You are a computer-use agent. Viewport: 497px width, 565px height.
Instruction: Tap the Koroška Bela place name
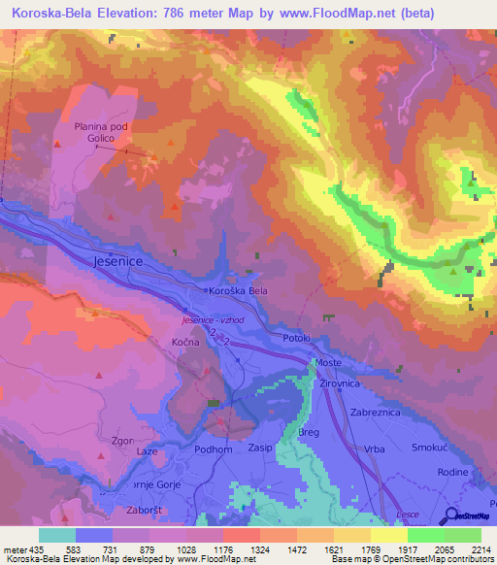coord(238,291)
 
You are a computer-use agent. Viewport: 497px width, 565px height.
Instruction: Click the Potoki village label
coord(296,338)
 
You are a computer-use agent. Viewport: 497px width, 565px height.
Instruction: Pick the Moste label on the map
coord(328,361)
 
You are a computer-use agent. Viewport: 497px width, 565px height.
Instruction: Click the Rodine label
coord(453,473)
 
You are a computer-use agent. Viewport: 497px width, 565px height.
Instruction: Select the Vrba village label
coord(373,449)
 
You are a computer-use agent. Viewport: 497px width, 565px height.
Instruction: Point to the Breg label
coord(308,433)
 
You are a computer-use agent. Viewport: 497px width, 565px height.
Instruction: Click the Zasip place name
coord(260,449)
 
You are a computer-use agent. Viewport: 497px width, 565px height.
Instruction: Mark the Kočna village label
coord(185,344)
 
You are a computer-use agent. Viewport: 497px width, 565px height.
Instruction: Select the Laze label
coord(147,452)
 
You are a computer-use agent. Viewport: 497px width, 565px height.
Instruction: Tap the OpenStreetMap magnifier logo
coord(447,515)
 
